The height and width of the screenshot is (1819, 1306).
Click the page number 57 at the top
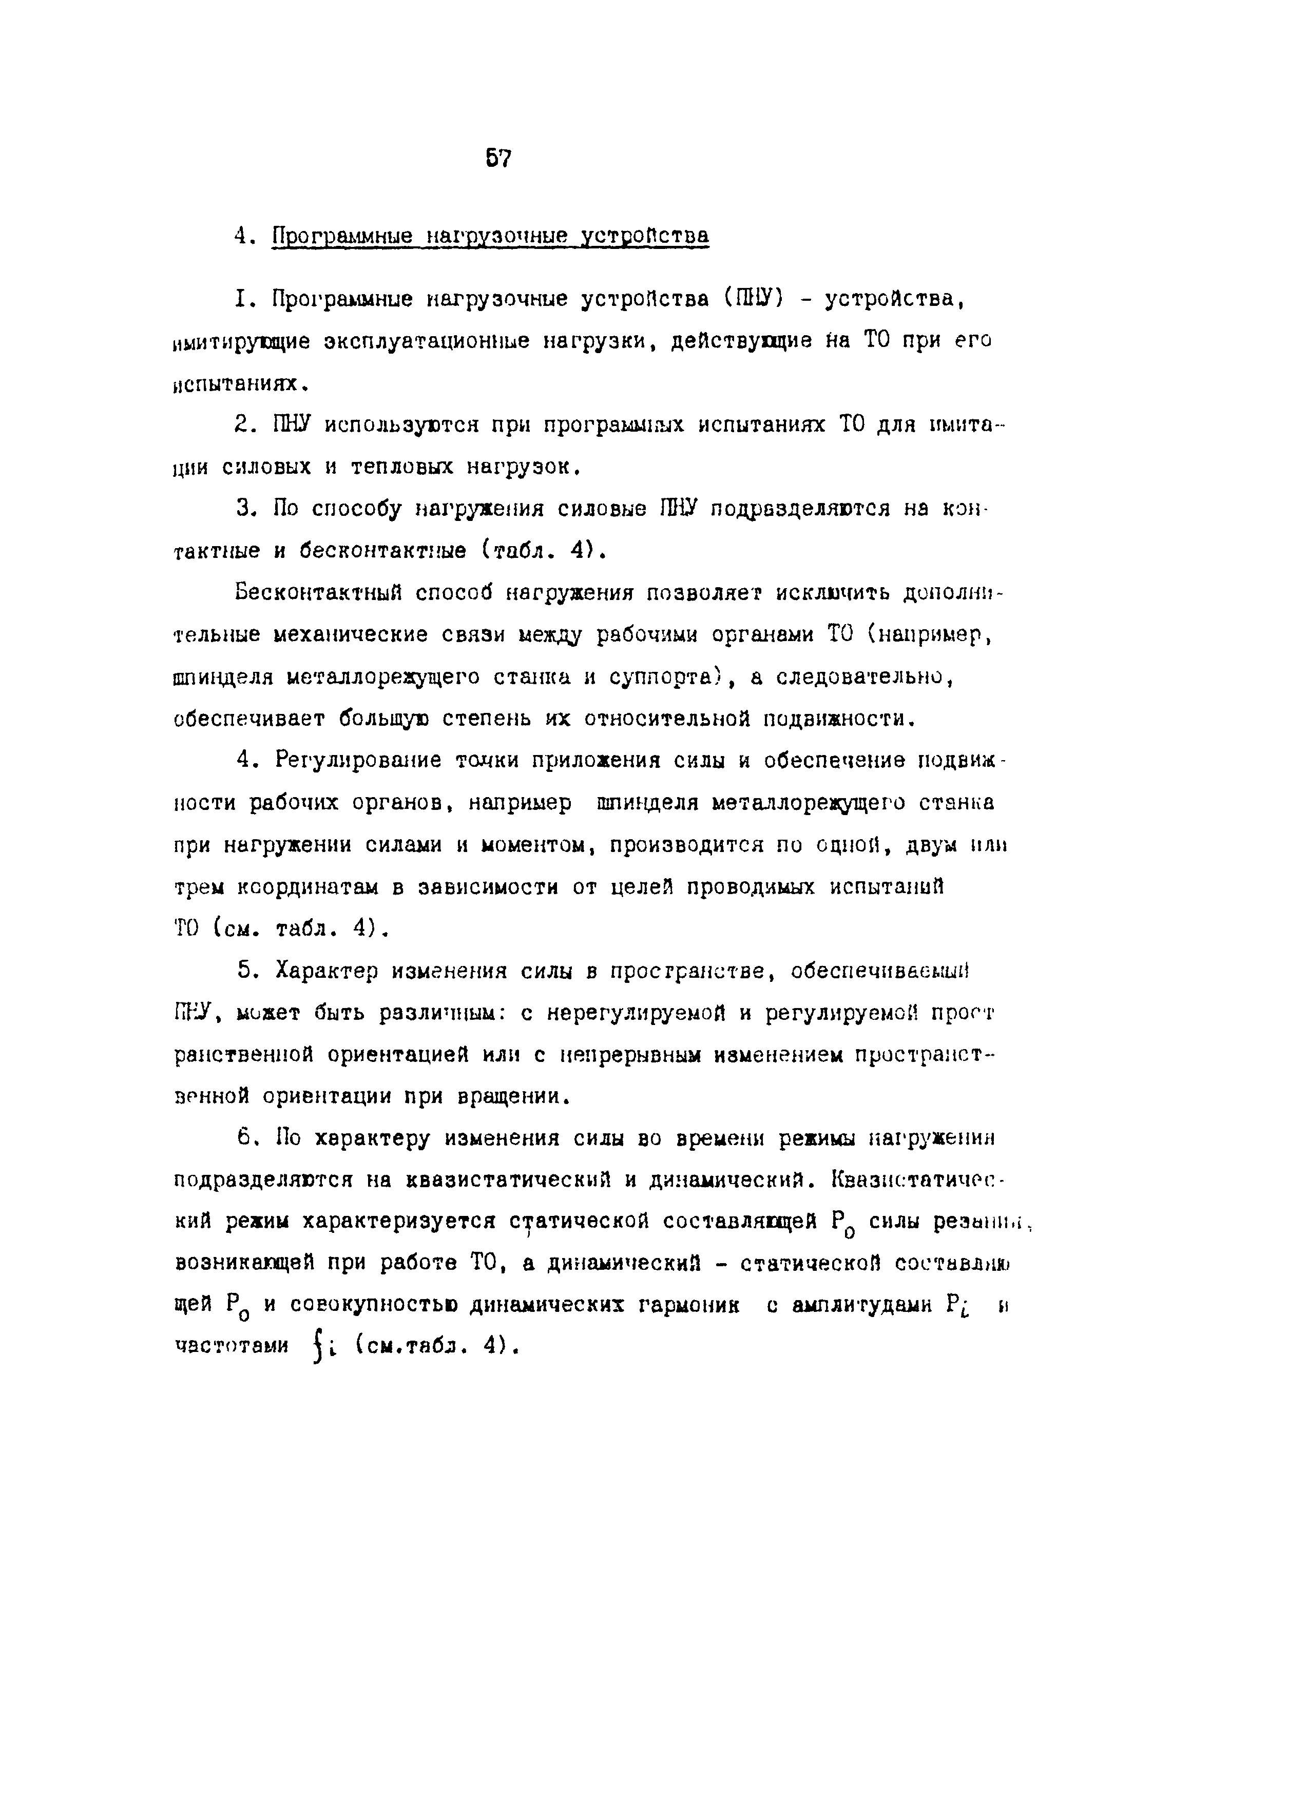click(x=497, y=159)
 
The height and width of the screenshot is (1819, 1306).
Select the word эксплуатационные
click(x=427, y=341)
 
